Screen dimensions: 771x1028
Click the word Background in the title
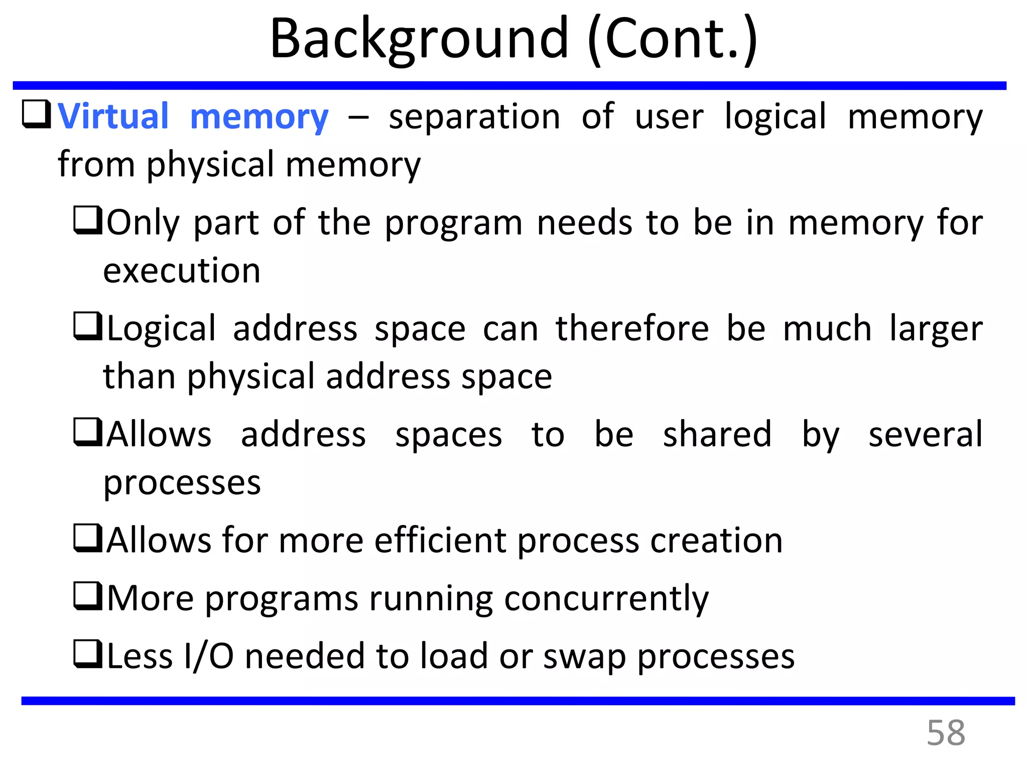coord(419,39)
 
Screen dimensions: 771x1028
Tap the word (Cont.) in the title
coord(672,39)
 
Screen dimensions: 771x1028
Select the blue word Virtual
coord(113,116)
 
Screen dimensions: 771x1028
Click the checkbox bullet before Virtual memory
coord(36,114)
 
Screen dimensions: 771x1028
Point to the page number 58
coord(946,733)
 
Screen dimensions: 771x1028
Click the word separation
coord(474,116)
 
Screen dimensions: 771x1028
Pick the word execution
coord(182,271)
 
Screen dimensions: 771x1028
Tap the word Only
coord(143,223)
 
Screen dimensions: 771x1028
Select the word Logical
coord(161,329)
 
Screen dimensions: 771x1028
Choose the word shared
coord(717,434)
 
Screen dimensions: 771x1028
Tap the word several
coord(925,434)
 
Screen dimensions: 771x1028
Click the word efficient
coord(440,541)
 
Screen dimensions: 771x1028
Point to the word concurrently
coord(606,599)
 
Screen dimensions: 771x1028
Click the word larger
coord(936,329)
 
